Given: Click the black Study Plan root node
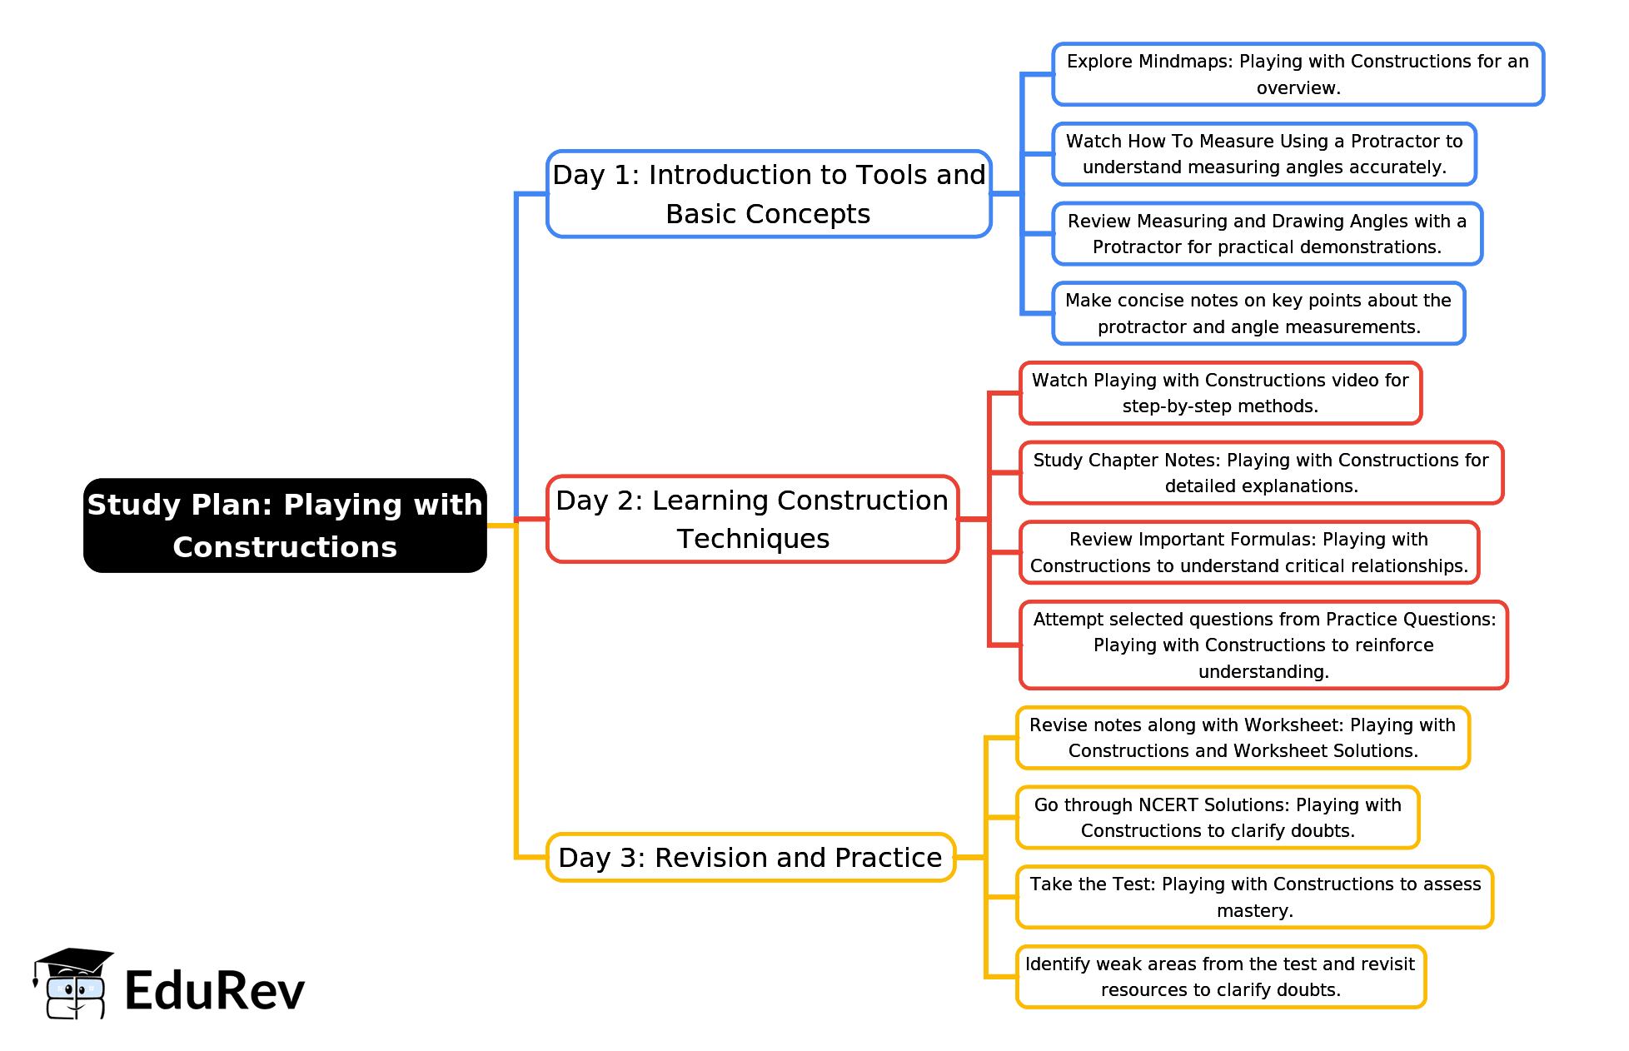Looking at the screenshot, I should [285, 525].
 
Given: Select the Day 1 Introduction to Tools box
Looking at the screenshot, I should [768, 194].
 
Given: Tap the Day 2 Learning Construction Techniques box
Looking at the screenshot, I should [752, 519].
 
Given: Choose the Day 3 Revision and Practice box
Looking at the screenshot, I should [750, 857].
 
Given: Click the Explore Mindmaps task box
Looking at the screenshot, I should [1297, 74].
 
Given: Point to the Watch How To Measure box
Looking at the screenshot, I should [1263, 154].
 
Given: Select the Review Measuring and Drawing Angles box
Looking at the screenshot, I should [1267, 234].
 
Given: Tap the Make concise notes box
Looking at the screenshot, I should [1258, 313].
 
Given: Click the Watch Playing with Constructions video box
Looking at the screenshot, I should [1219, 393].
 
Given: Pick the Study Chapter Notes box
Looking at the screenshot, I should [1260, 473].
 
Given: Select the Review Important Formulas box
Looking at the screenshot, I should [1248, 552].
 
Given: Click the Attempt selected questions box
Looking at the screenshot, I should [1263, 645].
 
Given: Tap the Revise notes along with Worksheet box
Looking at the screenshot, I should [1242, 738].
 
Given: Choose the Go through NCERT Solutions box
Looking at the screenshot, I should [1217, 818].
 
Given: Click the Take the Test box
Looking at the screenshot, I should [1254, 897].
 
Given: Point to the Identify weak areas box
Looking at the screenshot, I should [1220, 977].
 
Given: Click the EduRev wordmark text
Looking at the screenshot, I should [215, 991].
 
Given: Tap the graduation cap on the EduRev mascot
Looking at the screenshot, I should [74, 961].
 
